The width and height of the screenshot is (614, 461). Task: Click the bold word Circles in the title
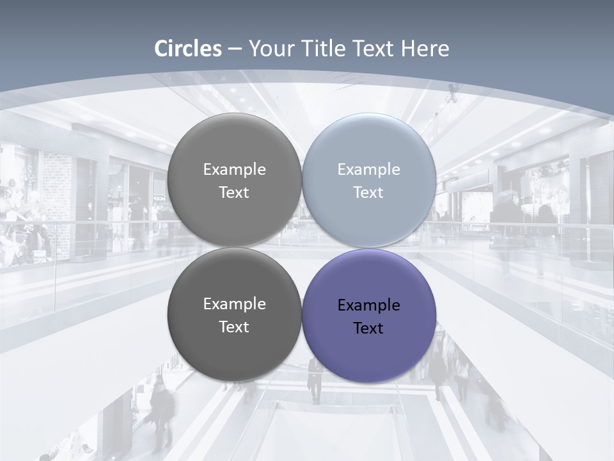click(188, 49)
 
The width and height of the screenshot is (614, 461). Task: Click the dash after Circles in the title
click(235, 49)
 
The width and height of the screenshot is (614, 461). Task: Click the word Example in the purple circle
click(368, 305)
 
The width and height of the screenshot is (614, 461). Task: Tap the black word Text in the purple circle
click(368, 328)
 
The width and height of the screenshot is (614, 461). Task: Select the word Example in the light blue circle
click(368, 169)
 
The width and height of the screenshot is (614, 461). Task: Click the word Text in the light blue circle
click(368, 192)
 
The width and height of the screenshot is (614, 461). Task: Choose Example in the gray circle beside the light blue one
click(234, 169)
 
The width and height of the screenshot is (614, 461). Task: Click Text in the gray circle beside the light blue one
click(234, 192)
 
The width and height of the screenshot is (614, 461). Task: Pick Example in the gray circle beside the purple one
click(234, 303)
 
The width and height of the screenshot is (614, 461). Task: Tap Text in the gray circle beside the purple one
click(234, 327)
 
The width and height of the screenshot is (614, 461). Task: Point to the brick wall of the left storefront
click(57, 192)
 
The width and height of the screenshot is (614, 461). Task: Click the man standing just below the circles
click(315, 382)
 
